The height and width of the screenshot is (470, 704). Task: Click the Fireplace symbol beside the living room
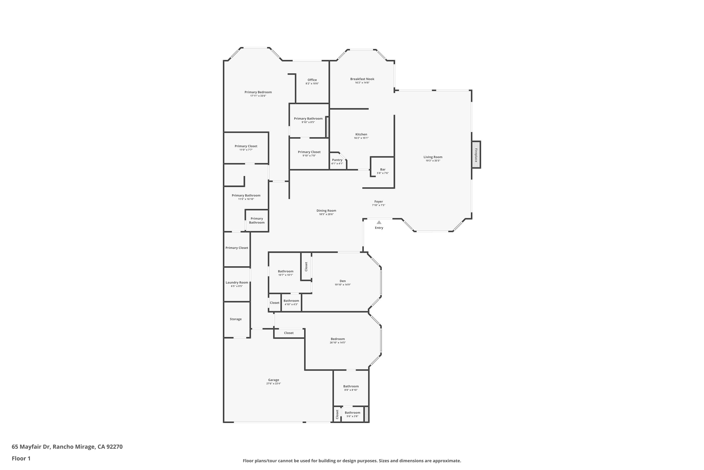[x=476, y=155]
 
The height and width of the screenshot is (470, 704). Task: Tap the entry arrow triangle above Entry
[x=379, y=222]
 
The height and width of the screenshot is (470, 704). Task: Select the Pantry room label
[x=337, y=160]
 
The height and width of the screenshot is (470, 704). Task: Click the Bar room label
[x=383, y=169]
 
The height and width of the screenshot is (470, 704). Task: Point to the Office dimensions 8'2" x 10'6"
[x=312, y=84]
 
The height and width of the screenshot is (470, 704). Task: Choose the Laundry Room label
[x=237, y=282]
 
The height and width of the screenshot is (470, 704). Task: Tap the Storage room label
[x=236, y=319]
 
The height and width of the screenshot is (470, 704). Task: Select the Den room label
[x=343, y=281]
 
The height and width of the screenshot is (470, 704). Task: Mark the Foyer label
[x=378, y=202]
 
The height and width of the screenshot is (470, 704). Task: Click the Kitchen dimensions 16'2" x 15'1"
[x=361, y=138]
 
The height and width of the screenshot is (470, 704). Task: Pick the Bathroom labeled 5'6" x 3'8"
[x=352, y=413]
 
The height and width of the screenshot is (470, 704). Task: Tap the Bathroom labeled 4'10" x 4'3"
[x=291, y=301]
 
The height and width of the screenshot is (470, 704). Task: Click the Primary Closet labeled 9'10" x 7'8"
[x=309, y=152]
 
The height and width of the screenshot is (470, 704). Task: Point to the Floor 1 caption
[x=21, y=458]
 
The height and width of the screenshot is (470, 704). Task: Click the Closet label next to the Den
[x=306, y=266]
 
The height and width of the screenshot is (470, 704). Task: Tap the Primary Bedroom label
[x=258, y=92]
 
